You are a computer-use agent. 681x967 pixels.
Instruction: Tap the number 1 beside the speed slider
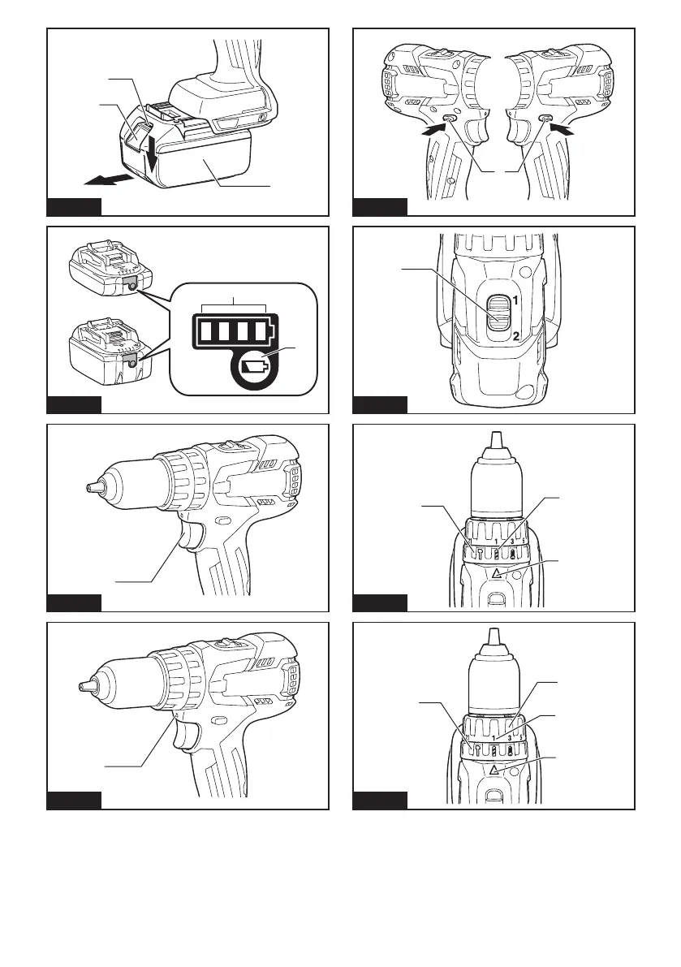pyautogui.click(x=515, y=300)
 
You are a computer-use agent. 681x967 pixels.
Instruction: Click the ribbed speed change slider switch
pyautogui.click(x=496, y=317)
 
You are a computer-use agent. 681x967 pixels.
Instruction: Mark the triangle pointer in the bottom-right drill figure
pyautogui.click(x=493, y=766)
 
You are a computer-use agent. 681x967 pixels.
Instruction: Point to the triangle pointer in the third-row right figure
pyautogui.click(x=493, y=572)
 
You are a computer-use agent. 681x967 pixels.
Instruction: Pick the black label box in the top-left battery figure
pyautogui.click(x=74, y=206)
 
